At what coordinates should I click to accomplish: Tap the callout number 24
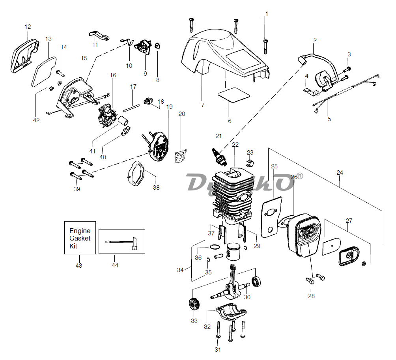pos(340,173)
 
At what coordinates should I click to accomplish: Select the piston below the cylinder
pos(234,252)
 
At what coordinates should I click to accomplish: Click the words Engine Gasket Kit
pos(80,238)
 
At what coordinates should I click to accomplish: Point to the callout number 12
pos(28,27)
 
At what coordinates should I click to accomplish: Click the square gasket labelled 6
pos(234,95)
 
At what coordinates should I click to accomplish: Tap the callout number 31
pos(218,350)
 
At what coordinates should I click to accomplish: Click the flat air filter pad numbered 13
pos(44,72)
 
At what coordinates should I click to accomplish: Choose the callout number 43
pos(79,266)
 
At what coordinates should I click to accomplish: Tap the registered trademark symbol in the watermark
pos(299,176)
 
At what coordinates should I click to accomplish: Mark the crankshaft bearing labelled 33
pos(194,304)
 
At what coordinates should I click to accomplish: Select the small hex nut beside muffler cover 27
pos(364,263)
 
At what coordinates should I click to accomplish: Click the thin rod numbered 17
pos(131,108)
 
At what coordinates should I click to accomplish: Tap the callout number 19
pos(170,107)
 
